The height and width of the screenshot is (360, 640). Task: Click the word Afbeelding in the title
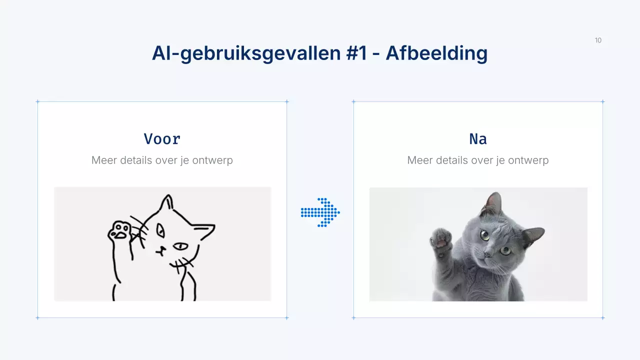tap(436, 53)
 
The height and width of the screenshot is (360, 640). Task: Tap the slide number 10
tap(598, 40)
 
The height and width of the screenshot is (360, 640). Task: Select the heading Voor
tap(162, 138)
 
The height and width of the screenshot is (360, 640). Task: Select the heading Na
tap(478, 138)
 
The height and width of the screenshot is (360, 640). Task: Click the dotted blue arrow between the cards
tap(320, 212)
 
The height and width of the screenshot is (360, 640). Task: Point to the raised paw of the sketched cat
tap(119, 231)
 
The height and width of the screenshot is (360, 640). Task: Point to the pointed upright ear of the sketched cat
tap(167, 202)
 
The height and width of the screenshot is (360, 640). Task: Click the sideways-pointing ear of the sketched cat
tap(205, 229)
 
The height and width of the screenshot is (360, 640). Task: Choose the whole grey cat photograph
tap(478, 244)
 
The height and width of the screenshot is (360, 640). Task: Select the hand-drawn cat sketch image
tap(162, 244)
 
